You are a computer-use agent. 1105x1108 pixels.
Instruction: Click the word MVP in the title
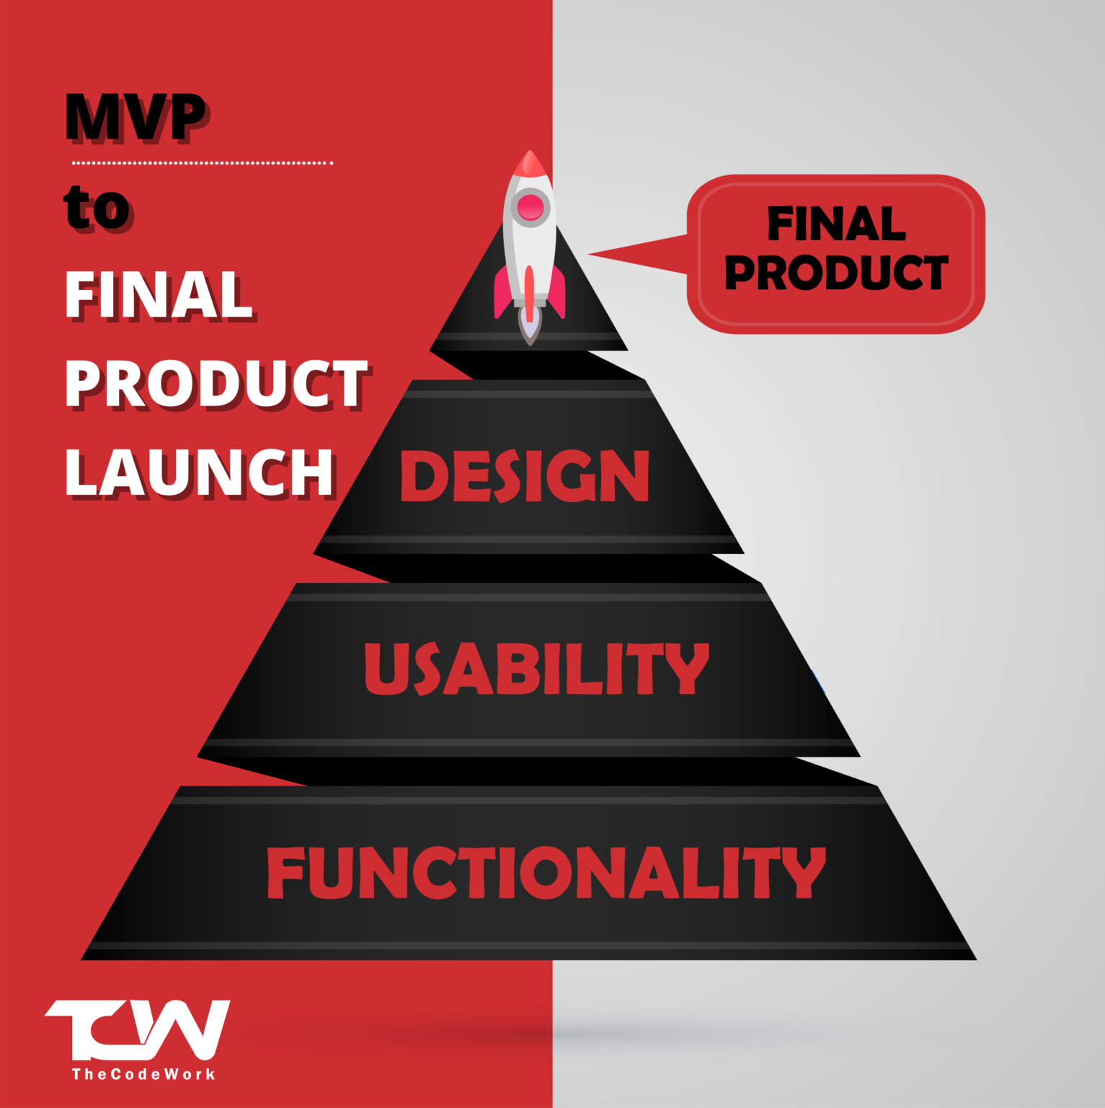pos(135,117)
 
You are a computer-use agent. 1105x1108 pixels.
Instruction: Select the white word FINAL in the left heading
pos(159,295)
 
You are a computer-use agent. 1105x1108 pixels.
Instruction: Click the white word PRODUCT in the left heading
pos(216,384)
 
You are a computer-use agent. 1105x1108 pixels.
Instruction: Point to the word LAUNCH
pos(199,472)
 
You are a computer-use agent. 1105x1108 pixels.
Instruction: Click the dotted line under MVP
pos(202,163)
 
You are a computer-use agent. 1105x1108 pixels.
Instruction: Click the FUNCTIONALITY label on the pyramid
pos(546,873)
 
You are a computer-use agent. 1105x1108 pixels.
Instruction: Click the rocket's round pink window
pos(531,207)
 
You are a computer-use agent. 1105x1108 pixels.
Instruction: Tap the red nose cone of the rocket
pos(530,164)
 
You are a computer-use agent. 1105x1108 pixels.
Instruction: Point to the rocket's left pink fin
pos(502,292)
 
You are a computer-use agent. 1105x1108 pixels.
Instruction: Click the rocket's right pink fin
pos(556,292)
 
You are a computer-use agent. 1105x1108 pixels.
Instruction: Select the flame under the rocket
pos(530,331)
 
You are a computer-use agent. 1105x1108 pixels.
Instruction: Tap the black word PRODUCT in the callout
pos(836,273)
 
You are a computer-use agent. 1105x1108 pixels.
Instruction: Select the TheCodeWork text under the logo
pos(143,1074)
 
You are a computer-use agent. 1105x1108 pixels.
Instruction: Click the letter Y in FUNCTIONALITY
pos(805,873)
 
